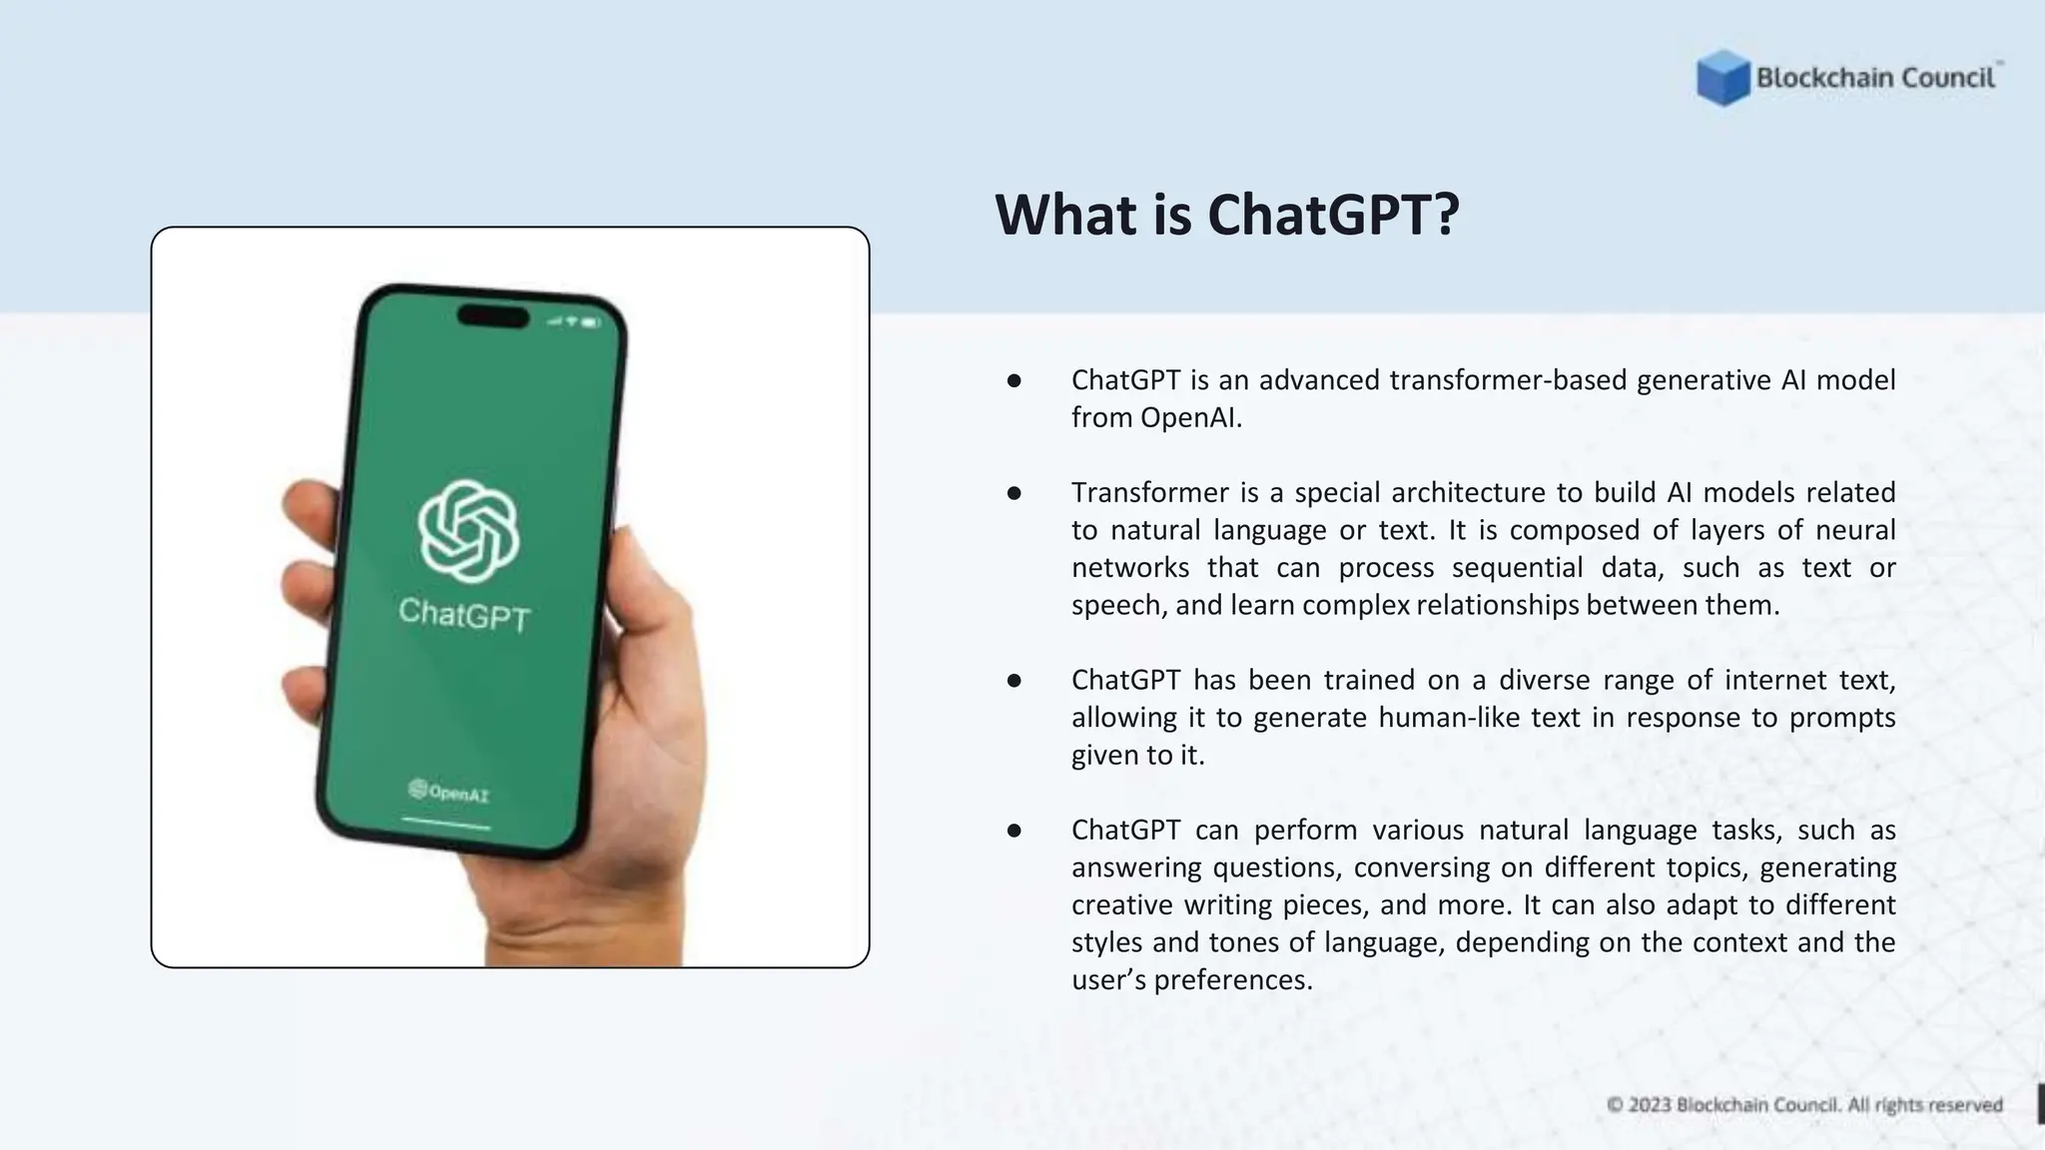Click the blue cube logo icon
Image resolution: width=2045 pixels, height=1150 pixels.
click(1722, 78)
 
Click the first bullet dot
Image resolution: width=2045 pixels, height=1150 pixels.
click(1014, 380)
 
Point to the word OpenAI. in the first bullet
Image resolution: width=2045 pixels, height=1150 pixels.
click(1191, 418)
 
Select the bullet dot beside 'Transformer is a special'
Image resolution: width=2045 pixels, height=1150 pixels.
click(1014, 493)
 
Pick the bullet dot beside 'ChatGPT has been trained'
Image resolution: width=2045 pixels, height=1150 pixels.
click(1014, 681)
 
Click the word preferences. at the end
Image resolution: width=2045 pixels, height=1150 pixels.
click(1232, 980)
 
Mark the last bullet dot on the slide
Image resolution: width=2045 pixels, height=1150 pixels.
click(1014, 831)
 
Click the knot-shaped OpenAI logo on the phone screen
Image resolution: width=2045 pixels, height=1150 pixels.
click(467, 530)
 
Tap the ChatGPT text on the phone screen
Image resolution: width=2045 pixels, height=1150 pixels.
click(464, 614)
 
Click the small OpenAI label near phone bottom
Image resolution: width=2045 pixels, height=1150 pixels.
click(449, 793)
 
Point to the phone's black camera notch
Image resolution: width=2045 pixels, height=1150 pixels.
click(493, 317)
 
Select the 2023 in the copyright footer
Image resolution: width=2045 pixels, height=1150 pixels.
click(1650, 1105)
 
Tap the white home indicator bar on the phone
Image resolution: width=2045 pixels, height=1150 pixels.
click(445, 824)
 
